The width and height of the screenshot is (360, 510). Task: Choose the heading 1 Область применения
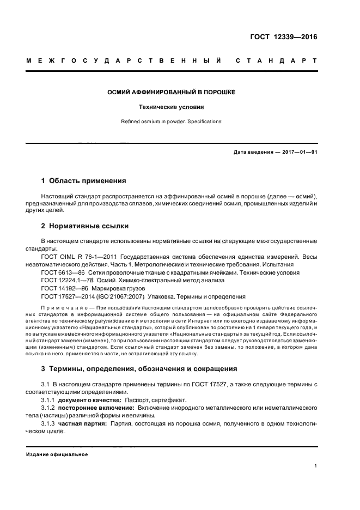84,180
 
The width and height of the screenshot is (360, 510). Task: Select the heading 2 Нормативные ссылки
85,225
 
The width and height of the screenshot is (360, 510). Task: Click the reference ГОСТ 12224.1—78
64,280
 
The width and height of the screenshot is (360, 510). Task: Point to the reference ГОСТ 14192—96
62,288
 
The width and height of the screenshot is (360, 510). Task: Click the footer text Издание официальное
57,454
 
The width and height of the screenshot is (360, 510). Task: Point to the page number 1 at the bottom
316,466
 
